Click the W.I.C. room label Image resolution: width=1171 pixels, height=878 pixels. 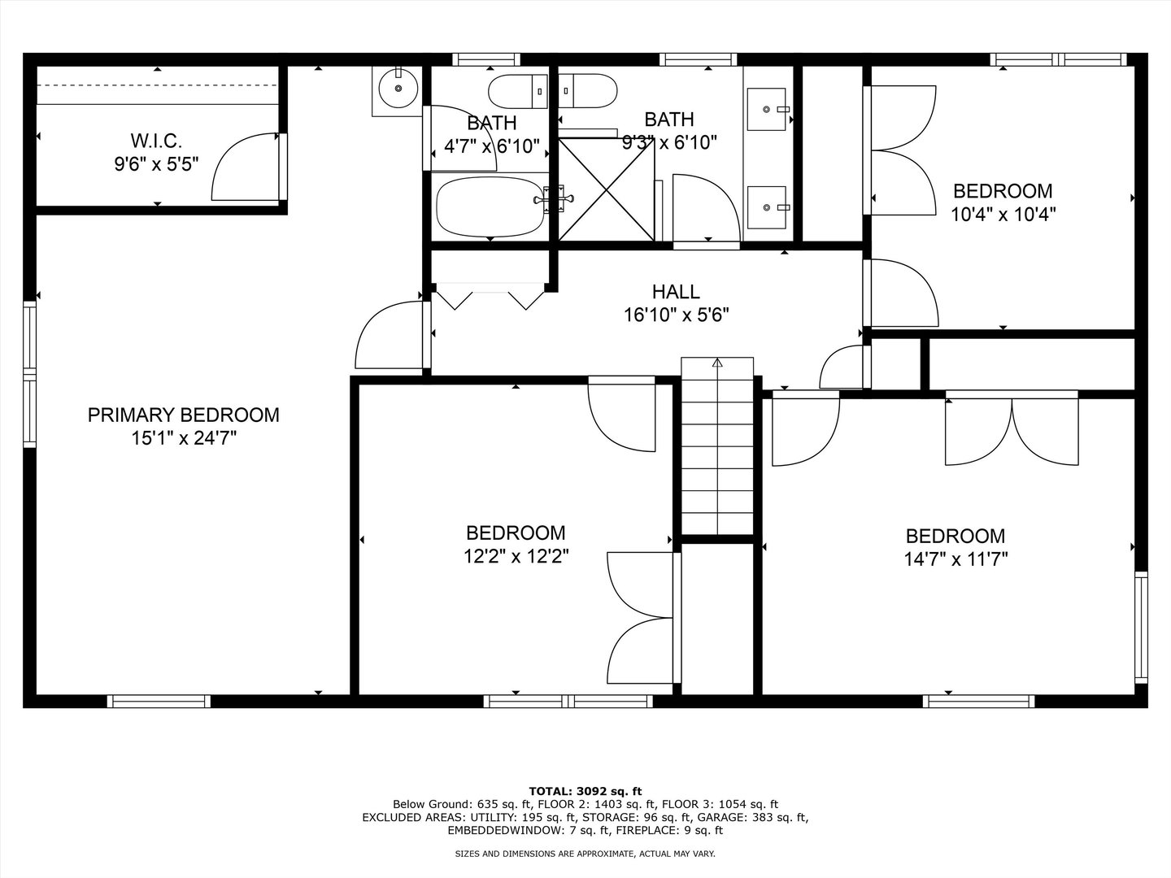click(156, 141)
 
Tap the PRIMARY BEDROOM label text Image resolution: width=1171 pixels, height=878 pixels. click(184, 415)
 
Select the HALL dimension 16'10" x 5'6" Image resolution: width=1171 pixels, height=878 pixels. click(677, 315)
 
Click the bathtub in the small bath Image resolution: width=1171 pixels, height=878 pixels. click(491, 207)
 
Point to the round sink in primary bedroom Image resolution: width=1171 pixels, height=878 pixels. click(398, 89)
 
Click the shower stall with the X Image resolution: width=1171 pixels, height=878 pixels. click(606, 189)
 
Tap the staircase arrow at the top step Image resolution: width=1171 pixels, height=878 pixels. click(717, 363)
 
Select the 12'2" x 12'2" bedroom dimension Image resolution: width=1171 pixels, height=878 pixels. click(516, 556)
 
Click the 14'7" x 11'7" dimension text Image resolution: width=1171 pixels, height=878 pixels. click(956, 559)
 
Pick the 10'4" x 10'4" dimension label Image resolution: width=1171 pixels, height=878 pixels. click(1003, 215)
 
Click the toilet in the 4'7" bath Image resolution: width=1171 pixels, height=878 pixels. click(517, 92)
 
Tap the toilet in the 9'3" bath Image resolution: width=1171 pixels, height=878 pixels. click(588, 91)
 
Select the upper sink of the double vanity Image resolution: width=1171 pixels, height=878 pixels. click(767, 109)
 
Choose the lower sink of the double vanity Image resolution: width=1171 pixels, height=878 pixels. click(767, 207)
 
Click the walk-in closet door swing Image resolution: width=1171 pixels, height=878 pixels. click(246, 167)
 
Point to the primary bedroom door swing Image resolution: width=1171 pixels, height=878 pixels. click(390, 334)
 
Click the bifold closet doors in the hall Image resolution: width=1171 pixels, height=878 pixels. click(490, 297)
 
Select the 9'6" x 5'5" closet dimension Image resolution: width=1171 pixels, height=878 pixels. click(156, 164)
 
